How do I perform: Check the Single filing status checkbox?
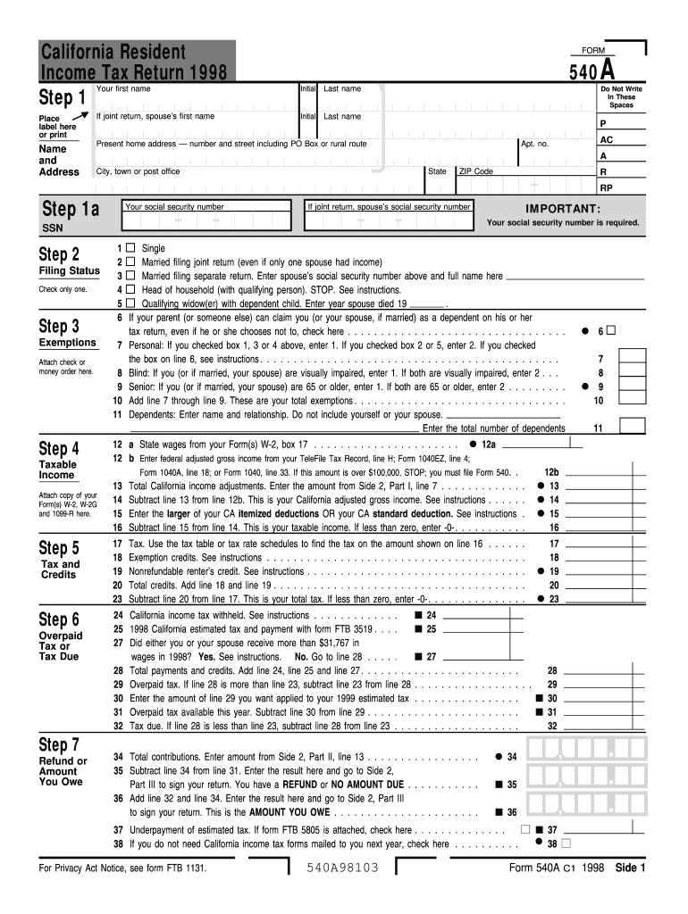130,248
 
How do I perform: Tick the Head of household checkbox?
130,290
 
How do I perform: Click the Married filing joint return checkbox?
130,262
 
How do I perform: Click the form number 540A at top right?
593,71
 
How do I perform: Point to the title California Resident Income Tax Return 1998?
134,62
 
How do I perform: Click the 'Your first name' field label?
123,89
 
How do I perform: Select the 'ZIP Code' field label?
475,171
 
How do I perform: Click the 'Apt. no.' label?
534,144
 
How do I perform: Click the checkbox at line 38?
566,843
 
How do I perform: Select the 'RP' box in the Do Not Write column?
607,188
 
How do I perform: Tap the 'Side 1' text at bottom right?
630,868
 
